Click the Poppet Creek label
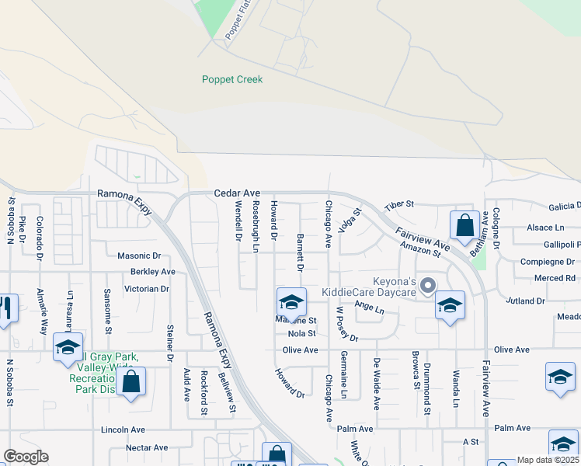(x=232, y=79)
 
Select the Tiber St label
(x=400, y=203)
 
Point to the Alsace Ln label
(x=545, y=228)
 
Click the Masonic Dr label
(x=138, y=255)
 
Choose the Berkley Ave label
(x=153, y=272)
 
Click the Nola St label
(x=302, y=333)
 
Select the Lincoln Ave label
(x=124, y=429)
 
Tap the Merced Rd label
(x=555, y=278)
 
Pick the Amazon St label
(x=420, y=249)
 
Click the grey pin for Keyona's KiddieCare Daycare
(x=427, y=287)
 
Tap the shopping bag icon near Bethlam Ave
(x=464, y=226)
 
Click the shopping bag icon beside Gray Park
(x=131, y=381)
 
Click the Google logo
(x=26, y=457)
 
